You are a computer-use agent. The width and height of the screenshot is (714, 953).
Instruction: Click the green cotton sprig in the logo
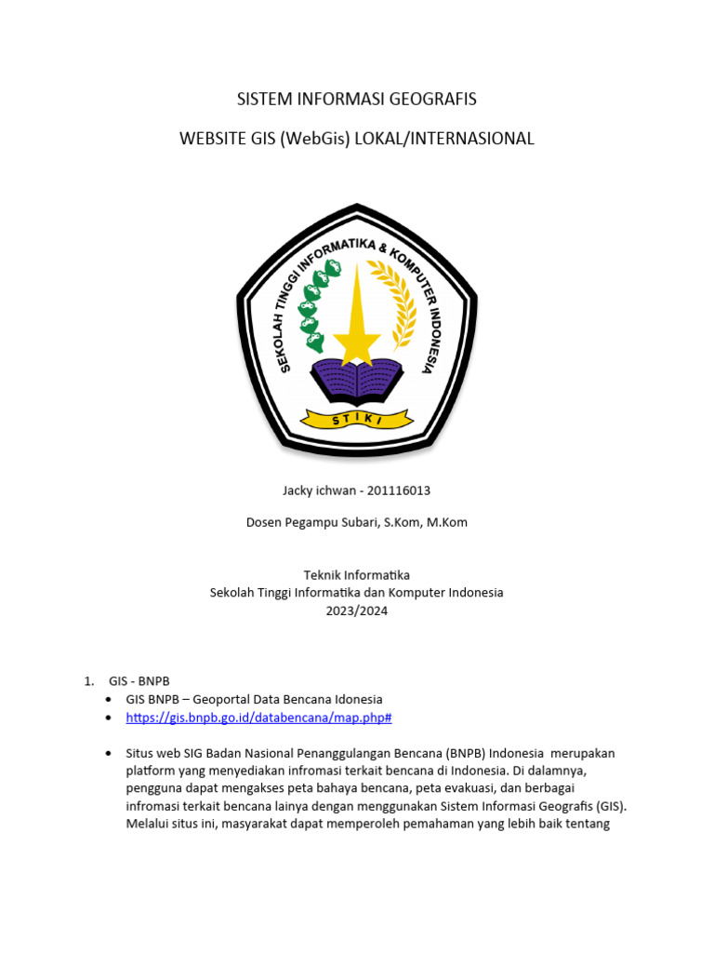click(x=317, y=302)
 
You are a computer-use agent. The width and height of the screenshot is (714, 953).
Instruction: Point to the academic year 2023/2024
click(x=356, y=611)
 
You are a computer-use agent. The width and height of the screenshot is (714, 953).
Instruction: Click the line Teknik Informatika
click(x=356, y=575)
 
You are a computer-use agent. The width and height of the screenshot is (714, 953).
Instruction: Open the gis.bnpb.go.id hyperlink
click(x=258, y=718)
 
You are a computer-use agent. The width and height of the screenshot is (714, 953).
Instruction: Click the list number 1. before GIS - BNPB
click(x=89, y=681)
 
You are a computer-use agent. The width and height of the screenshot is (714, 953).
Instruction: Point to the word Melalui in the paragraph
click(x=148, y=824)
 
